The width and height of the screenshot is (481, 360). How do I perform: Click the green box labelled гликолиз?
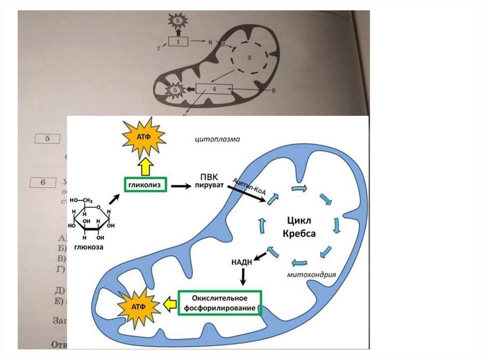[145, 186]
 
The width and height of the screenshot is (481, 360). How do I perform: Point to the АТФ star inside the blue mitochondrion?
[140, 306]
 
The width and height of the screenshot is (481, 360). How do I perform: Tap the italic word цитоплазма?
[217, 139]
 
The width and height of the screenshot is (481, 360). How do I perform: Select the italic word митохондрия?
[311, 275]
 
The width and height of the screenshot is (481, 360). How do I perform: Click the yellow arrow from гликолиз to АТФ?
[145, 167]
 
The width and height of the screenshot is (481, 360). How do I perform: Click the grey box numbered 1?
[178, 42]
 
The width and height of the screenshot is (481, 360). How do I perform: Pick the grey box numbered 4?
[214, 88]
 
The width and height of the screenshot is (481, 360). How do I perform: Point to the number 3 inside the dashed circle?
[250, 58]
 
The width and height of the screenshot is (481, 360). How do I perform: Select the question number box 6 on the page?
[42, 182]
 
